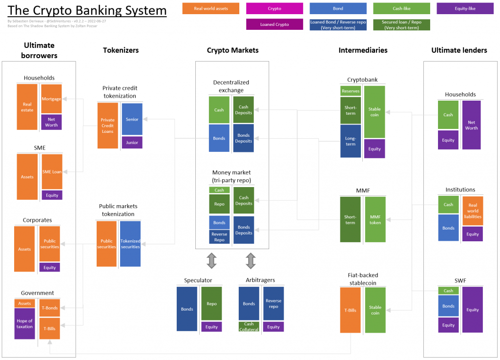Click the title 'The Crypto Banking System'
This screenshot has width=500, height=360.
87,11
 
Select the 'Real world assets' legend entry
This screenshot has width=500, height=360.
210,8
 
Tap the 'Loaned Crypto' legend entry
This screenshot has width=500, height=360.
274,24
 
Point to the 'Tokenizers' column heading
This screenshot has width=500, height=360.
121,50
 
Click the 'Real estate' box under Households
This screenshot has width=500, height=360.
27,107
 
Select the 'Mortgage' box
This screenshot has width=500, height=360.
51,99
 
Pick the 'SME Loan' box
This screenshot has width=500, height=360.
52,171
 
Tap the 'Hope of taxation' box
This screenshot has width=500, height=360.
24,323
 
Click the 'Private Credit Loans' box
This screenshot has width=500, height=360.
107,126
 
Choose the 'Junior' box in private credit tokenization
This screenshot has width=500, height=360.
132,143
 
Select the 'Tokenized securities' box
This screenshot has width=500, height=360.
130,244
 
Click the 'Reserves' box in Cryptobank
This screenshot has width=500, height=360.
351,91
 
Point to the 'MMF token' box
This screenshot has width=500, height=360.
375,220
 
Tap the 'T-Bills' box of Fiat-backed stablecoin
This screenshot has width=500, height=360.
350,310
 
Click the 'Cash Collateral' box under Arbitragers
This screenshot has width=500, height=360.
249,327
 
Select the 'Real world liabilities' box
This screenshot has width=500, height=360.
473,211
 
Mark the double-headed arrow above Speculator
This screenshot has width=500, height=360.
211,261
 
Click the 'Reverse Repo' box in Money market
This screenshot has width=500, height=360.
219,237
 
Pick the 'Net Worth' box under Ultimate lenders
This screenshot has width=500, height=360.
471,125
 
